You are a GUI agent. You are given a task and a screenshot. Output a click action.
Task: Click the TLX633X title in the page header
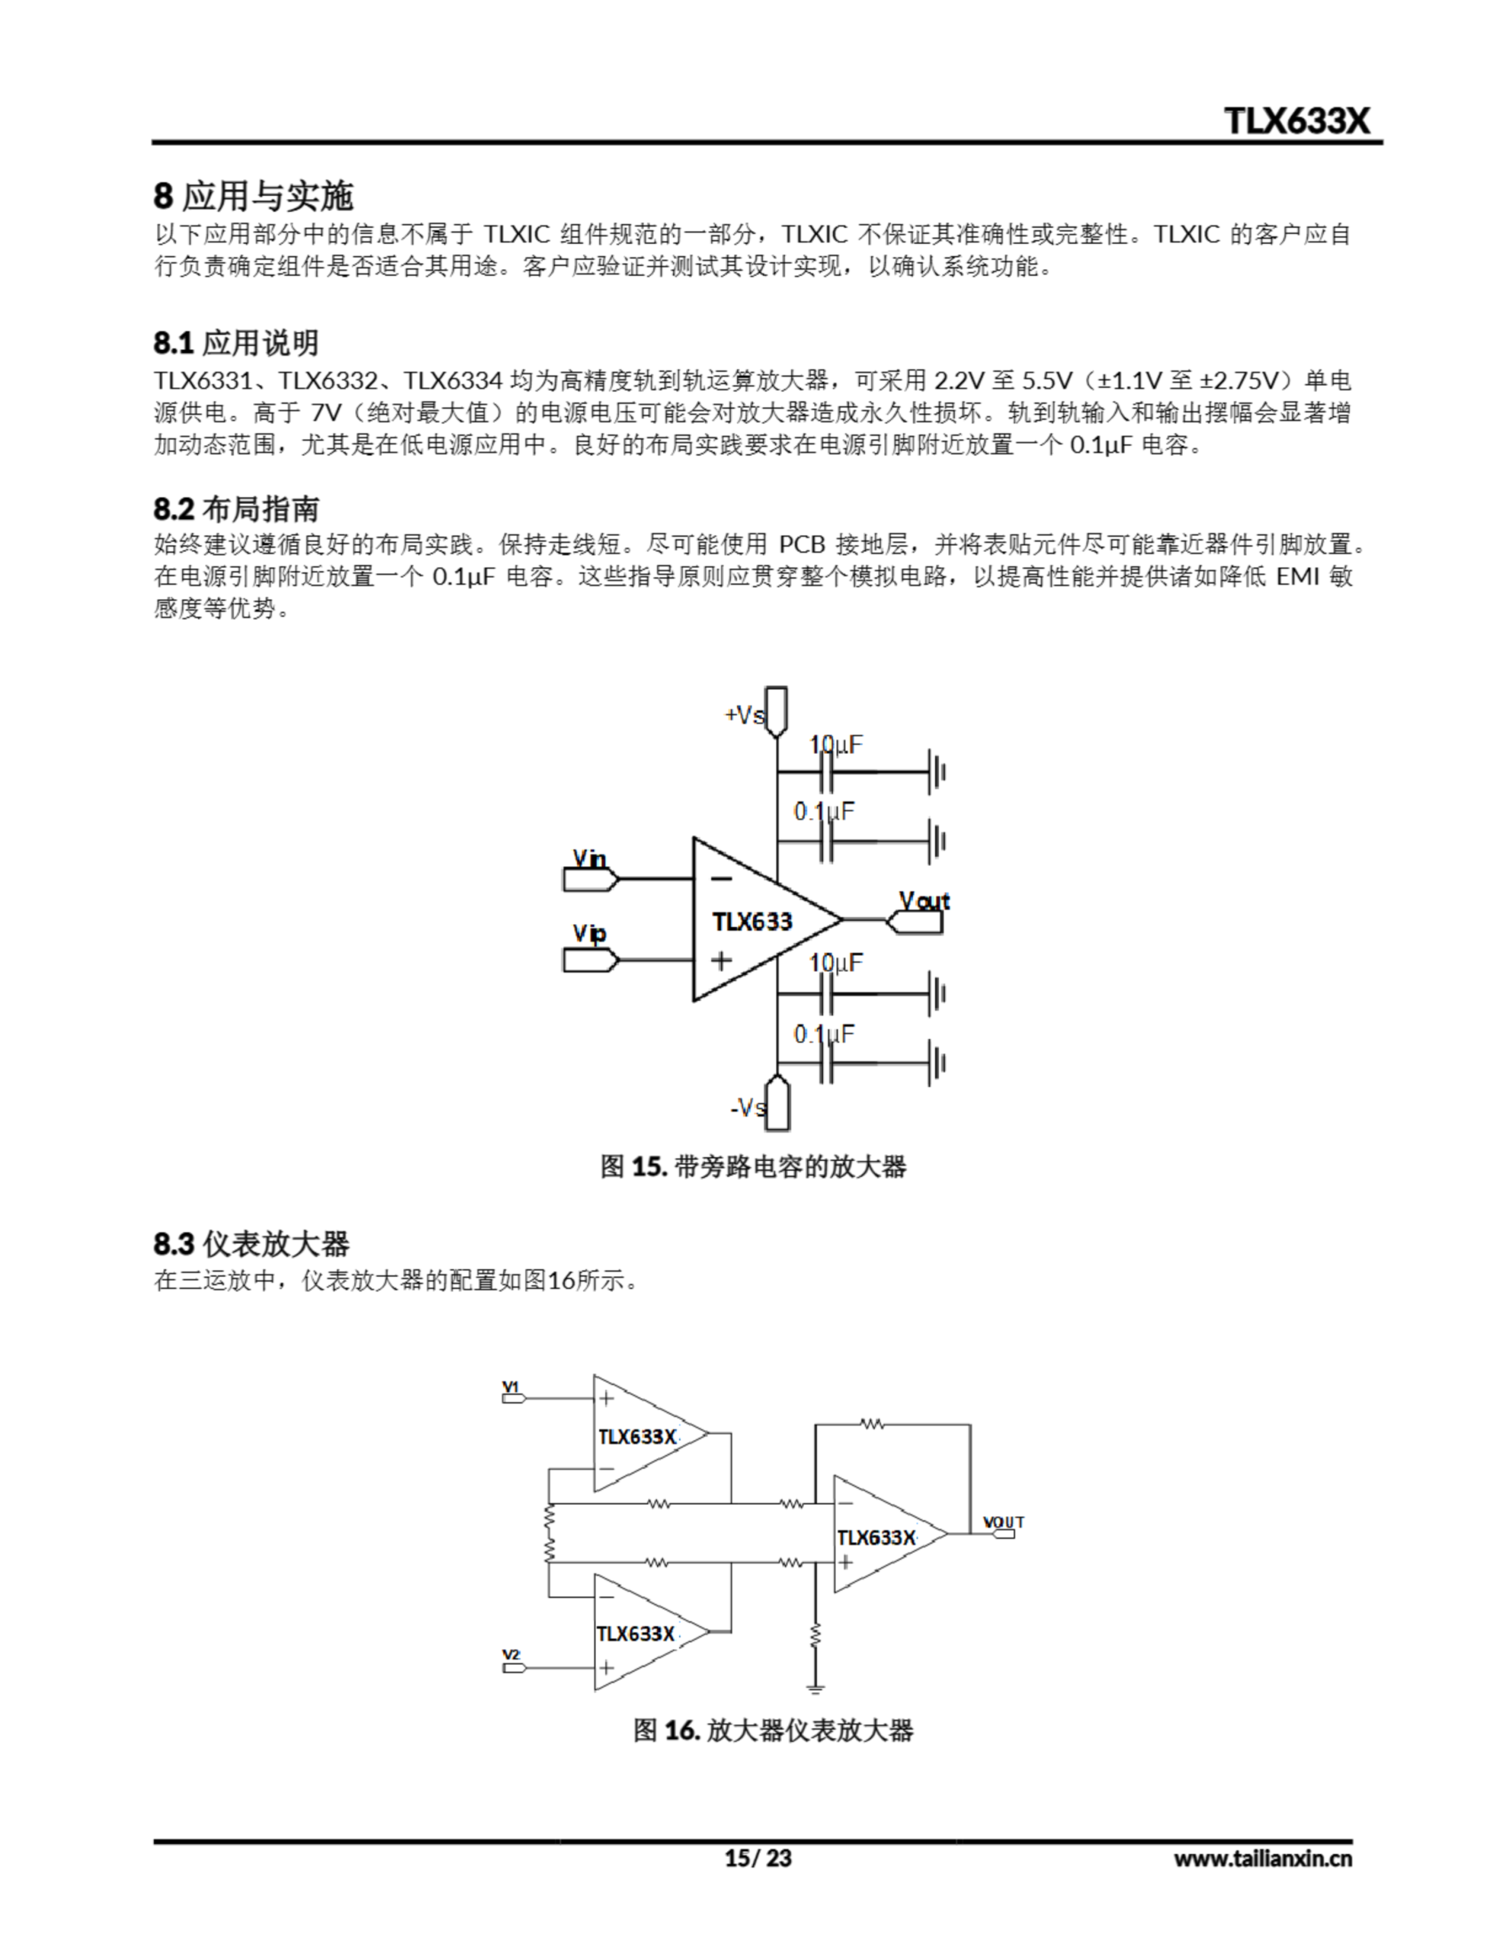[x=1296, y=120]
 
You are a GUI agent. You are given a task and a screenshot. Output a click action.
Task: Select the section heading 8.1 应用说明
[x=236, y=343]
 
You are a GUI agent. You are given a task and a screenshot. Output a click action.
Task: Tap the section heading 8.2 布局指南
[x=236, y=509]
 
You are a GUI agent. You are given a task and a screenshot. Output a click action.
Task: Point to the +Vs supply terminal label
[x=745, y=715]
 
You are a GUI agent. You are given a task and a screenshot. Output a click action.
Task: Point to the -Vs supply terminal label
[x=747, y=1108]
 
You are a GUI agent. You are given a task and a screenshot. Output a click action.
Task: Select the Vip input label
[x=589, y=934]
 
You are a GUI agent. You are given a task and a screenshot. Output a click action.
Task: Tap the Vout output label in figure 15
[x=924, y=901]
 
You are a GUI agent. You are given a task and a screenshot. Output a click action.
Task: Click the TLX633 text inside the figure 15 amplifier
[x=751, y=922]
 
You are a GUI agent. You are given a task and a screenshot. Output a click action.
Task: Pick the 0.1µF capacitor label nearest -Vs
[x=824, y=1034]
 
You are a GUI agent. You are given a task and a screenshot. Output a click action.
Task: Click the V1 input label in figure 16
[x=511, y=1386]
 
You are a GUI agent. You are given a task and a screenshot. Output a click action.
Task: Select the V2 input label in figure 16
[x=511, y=1654]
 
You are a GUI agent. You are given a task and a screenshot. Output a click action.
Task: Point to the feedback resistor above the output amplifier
[x=873, y=1425]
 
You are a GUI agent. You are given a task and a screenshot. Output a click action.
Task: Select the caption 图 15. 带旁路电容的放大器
[x=752, y=1167]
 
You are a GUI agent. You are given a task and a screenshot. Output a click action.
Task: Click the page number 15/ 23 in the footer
[x=757, y=1858]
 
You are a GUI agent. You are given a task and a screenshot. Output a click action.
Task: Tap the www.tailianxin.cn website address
[x=1262, y=1859]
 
